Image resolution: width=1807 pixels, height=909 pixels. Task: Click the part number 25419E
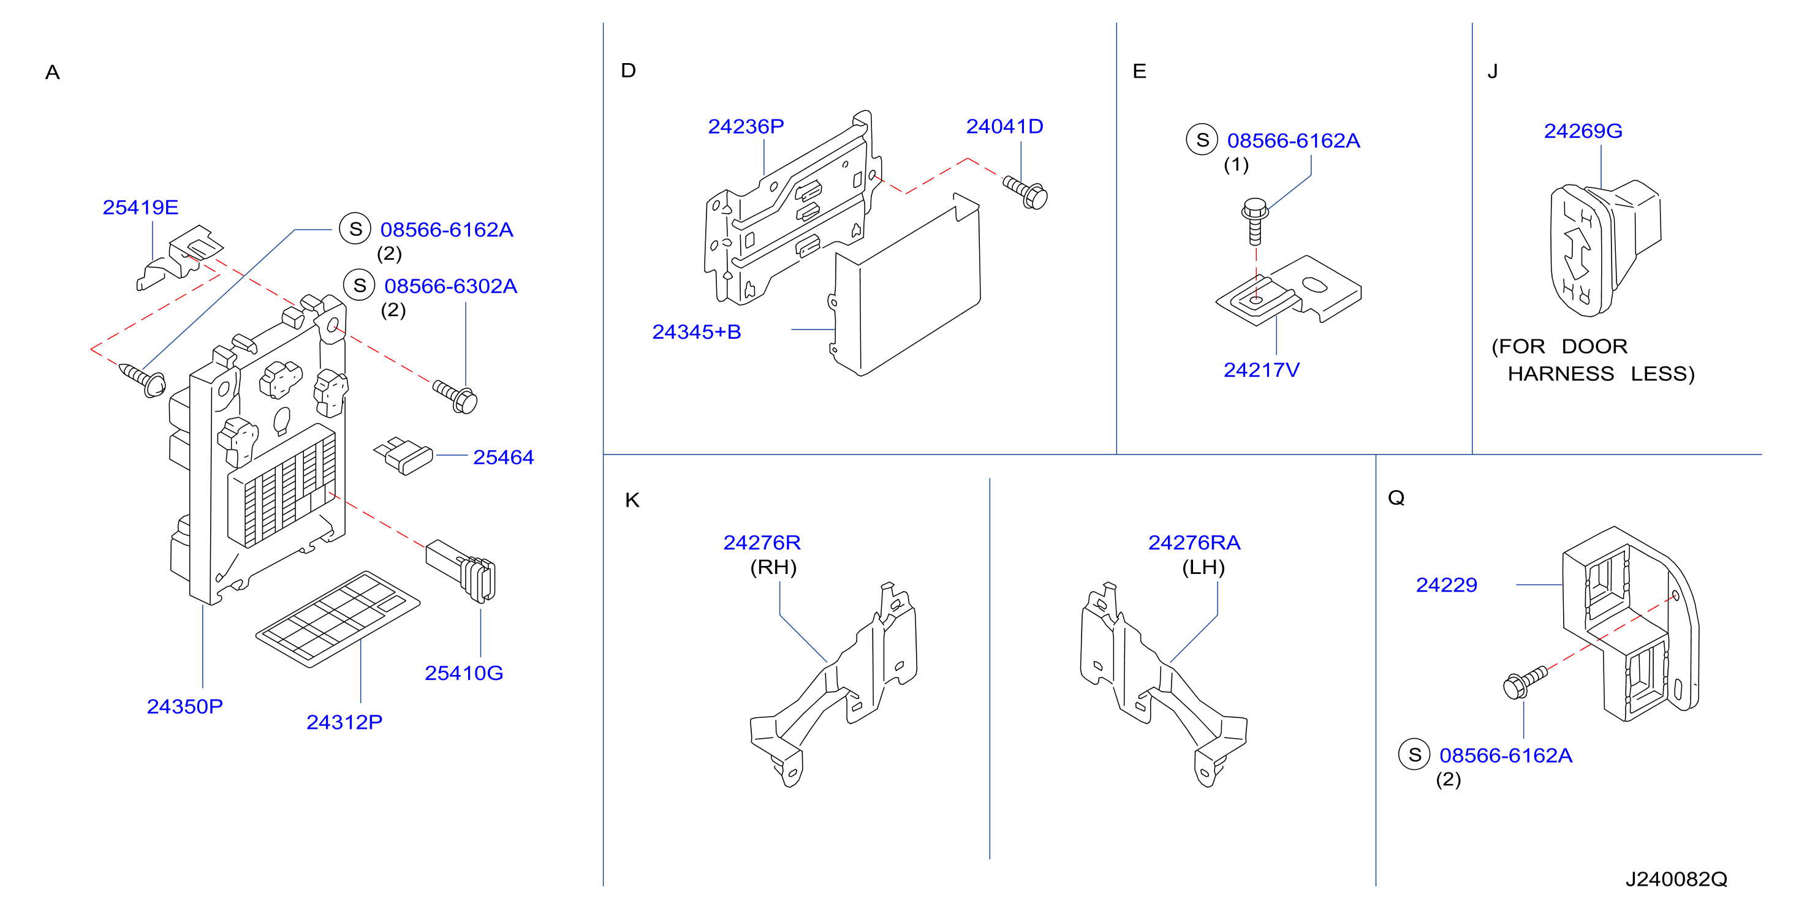tap(140, 208)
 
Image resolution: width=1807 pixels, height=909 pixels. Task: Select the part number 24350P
tap(184, 706)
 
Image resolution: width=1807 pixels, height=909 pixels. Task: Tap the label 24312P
tap(344, 722)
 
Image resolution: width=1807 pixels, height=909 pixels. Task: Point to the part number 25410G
tap(464, 673)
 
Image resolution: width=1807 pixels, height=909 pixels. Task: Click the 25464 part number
tap(503, 458)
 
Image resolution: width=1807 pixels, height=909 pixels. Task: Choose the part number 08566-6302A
tap(450, 286)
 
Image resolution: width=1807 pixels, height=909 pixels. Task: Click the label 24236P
tap(746, 126)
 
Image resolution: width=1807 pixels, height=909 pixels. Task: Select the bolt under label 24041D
tap(1026, 192)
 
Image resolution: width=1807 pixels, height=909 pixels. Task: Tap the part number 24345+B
tap(697, 332)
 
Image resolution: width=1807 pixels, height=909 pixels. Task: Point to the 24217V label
tap(1261, 371)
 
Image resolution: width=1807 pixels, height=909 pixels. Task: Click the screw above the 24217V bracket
tap(1255, 222)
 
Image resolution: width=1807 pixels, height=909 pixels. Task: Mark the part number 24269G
tap(1583, 131)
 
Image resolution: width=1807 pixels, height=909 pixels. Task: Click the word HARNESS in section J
tap(1561, 374)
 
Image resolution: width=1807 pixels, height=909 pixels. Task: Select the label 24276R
tap(762, 543)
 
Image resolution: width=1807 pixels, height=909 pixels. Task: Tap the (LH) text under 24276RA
tap(1203, 567)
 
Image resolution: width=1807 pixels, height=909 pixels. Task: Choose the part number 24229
tap(1447, 585)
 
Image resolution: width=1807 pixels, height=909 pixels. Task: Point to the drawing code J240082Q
tap(1676, 880)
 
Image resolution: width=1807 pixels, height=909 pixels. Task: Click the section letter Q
tap(1396, 498)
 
